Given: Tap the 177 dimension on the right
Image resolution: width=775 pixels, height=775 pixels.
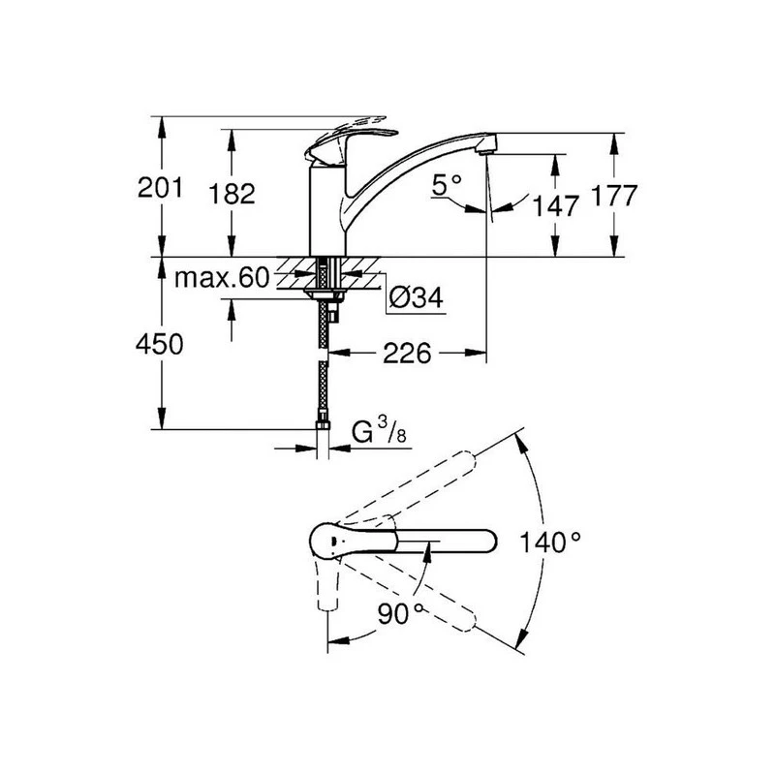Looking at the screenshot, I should (614, 197).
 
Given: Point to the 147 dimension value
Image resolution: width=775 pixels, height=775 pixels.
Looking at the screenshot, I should (555, 204).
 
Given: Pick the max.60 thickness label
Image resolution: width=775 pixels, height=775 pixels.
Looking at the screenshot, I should (221, 280).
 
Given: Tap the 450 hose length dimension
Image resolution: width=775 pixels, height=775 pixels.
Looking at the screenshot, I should (160, 346).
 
